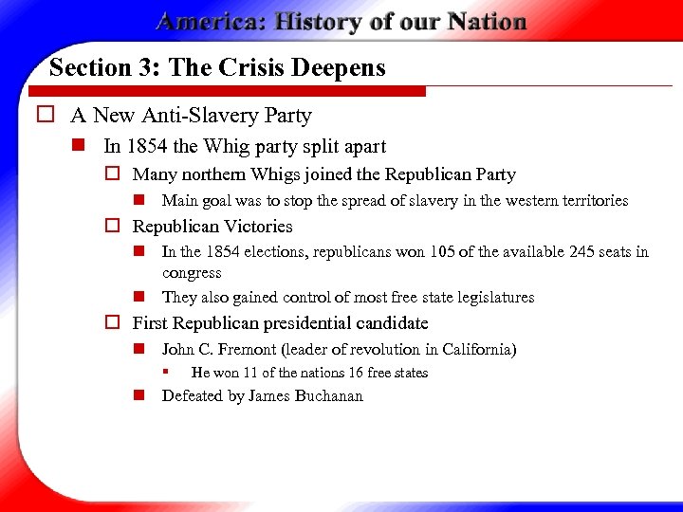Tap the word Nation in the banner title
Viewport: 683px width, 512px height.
[x=483, y=22]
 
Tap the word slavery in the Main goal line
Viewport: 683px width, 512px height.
[x=413, y=201]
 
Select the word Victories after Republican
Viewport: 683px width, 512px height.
[x=257, y=227]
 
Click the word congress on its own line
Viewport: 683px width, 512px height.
[x=192, y=273]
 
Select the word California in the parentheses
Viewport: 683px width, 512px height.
[x=478, y=350]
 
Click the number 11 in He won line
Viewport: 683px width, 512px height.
[x=250, y=373]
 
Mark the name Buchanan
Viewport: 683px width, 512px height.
[x=331, y=396]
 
